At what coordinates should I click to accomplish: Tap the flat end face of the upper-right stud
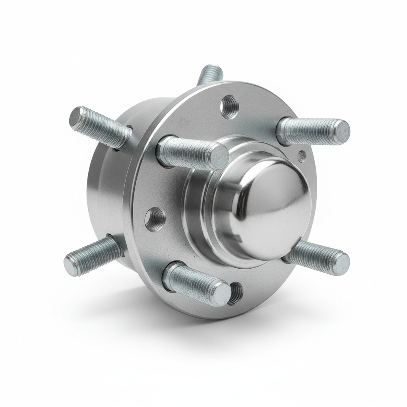[341, 131]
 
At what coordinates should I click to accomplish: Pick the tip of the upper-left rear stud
[76, 116]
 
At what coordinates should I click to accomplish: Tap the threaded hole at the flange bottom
[236, 293]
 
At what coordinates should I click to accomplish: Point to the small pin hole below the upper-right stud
[302, 155]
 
